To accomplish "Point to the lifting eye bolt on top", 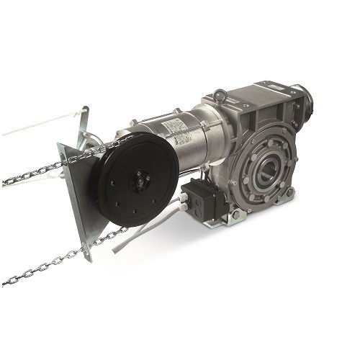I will click(220, 96).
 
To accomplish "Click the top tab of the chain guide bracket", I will click(86, 115).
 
